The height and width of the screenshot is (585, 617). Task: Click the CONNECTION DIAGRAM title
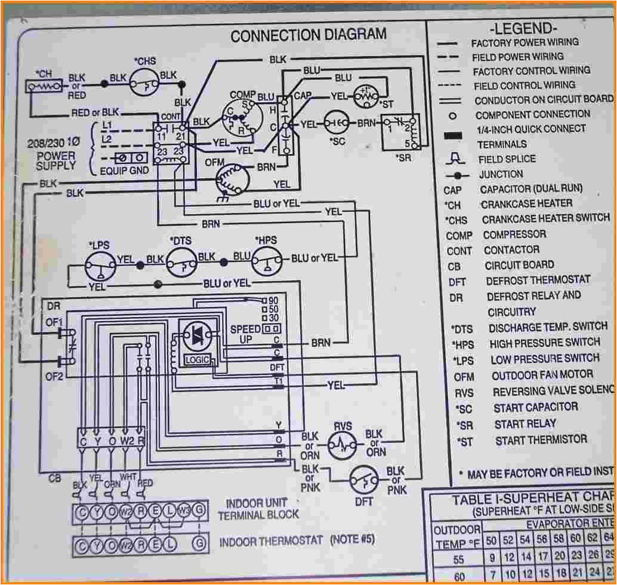[308, 35]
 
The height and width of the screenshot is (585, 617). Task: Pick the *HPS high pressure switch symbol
[267, 258]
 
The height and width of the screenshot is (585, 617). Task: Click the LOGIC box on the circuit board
[198, 359]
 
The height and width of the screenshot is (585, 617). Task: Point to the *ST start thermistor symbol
[365, 95]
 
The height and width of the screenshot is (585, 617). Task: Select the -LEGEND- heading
[523, 28]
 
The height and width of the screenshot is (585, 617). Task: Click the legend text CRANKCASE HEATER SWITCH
[545, 218]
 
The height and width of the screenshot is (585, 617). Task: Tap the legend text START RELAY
[525, 424]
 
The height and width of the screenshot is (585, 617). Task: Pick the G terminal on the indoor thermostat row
[200, 544]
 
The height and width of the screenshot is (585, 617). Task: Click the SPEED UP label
[245, 334]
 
